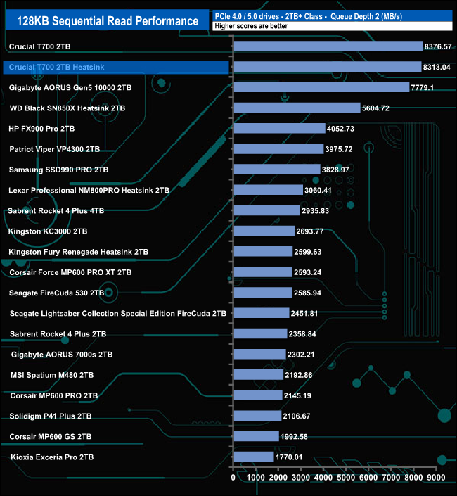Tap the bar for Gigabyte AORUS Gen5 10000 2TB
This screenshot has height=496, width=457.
(321, 88)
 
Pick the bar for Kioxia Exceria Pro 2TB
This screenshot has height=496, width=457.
(253, 457)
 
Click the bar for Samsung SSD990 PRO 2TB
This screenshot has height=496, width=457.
(276, 170)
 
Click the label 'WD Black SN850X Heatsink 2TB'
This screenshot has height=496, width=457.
(67, 108)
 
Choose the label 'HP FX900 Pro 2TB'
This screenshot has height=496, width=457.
(41, 129)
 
